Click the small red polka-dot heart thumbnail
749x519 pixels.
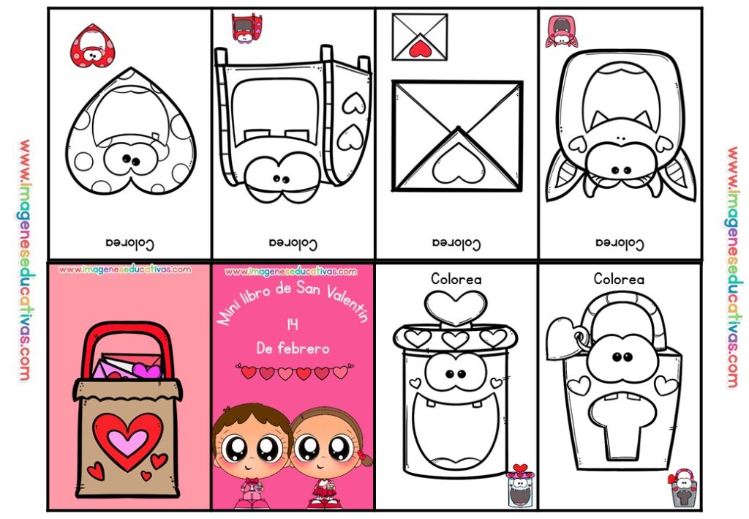point(93,46)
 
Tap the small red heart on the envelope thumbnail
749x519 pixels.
point(419,48)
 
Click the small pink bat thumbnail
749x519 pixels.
point(561,31)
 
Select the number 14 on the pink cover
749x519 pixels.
point(293,324)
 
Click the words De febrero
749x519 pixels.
point(293,348)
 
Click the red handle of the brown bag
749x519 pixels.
point(127,345)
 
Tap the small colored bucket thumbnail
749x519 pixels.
point(683,488)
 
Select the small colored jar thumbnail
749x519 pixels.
point(520,485)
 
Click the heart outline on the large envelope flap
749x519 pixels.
point(458,164)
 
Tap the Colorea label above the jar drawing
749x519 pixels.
point(456,279)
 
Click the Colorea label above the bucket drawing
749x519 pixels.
point(619,279)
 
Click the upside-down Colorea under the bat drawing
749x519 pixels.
point(620,244)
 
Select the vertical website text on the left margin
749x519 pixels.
point(24,260)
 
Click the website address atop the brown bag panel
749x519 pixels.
point(124,270)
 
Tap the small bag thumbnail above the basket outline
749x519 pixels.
point(246,29)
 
